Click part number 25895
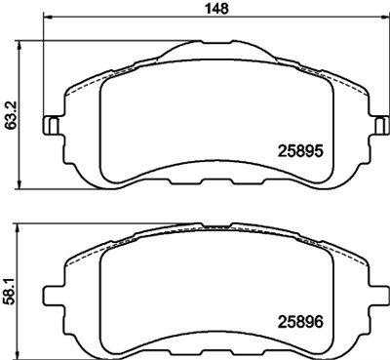[x=301, y=150]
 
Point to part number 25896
[x=301, y=318]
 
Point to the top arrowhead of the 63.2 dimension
[x=24, y=44]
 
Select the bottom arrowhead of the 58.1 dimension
[x=24, y=353]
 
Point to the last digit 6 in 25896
[x=318, y=318]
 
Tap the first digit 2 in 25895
[x=285, y=150]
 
